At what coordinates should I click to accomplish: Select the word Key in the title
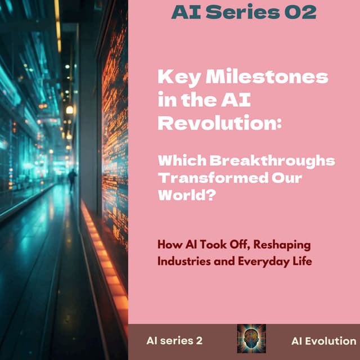click(x=176, y=77)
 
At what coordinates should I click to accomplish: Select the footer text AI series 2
click(x=174, y=340)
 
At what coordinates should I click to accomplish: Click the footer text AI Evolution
click(x=323, y=340)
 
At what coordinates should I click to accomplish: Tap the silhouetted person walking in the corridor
click(x=72, y=179)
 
